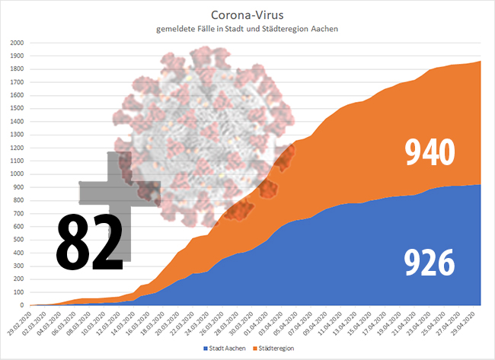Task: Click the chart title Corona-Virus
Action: point(247,14)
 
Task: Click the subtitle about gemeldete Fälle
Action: point(247,29)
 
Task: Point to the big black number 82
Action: point(90,243)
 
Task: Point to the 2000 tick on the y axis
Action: point(17,43)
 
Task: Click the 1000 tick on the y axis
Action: point(17,174)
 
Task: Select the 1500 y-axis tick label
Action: point(17,108)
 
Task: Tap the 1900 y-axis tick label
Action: point(17,56)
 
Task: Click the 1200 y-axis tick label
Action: point(17,148)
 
